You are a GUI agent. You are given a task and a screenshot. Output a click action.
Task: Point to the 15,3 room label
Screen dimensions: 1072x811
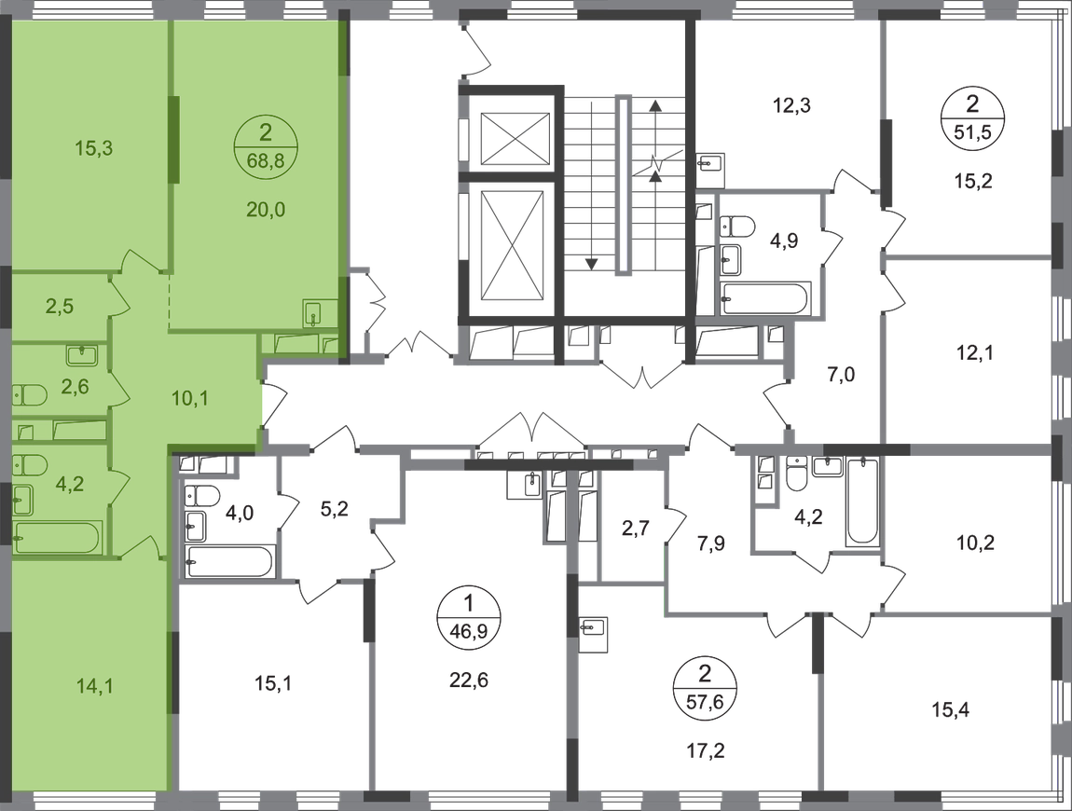93,147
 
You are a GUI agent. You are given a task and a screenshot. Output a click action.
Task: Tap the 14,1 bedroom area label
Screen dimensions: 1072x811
96,686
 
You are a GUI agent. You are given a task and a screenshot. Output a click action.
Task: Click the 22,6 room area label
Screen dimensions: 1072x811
469,680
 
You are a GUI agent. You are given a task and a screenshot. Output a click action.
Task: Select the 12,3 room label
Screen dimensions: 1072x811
792,106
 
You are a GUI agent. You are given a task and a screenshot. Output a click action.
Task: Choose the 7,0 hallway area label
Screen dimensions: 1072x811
841,375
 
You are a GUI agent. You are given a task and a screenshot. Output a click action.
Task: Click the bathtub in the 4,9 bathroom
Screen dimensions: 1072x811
765,298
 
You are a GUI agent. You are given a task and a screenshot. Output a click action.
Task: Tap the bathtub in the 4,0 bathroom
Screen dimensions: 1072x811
229,563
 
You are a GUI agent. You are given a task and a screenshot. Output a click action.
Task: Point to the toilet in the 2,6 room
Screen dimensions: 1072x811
30,395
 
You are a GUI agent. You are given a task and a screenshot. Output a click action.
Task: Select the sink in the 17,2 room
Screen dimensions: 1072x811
594,635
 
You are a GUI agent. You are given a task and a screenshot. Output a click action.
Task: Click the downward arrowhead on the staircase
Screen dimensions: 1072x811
591,264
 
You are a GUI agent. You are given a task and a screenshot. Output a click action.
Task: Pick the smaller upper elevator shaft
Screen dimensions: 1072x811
515,140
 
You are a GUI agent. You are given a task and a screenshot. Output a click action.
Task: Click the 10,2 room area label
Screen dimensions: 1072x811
974,543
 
